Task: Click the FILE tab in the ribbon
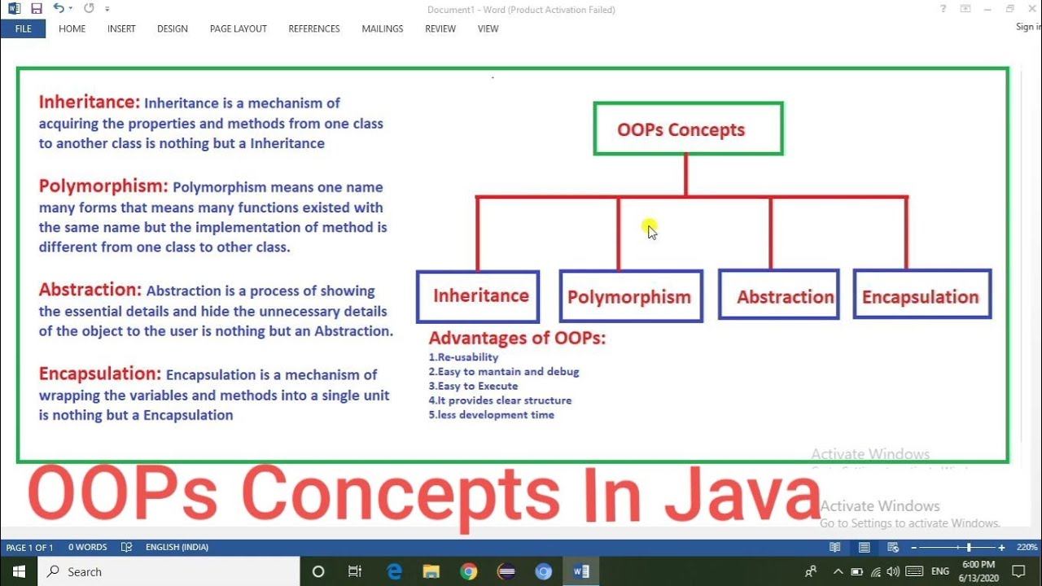pos(23,28)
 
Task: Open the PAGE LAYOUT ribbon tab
pos(238,28)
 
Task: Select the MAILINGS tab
pos(382,28)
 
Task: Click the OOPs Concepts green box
pos(688,129)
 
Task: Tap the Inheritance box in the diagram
pos(478,296)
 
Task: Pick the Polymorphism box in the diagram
pos(630,297)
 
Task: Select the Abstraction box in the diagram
pos(779,295)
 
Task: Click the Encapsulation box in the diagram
pos(922,295)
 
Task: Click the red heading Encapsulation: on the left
pos(100,374)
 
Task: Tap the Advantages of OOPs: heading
pos(517,338)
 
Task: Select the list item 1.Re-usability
pos(463,357)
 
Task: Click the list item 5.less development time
pos(491,415)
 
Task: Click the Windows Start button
pos(18,571)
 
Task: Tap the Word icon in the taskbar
pos(581,571)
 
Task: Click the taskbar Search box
pos(167,571)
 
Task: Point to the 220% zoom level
pos(1027,548)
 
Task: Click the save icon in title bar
pos(36,9)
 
